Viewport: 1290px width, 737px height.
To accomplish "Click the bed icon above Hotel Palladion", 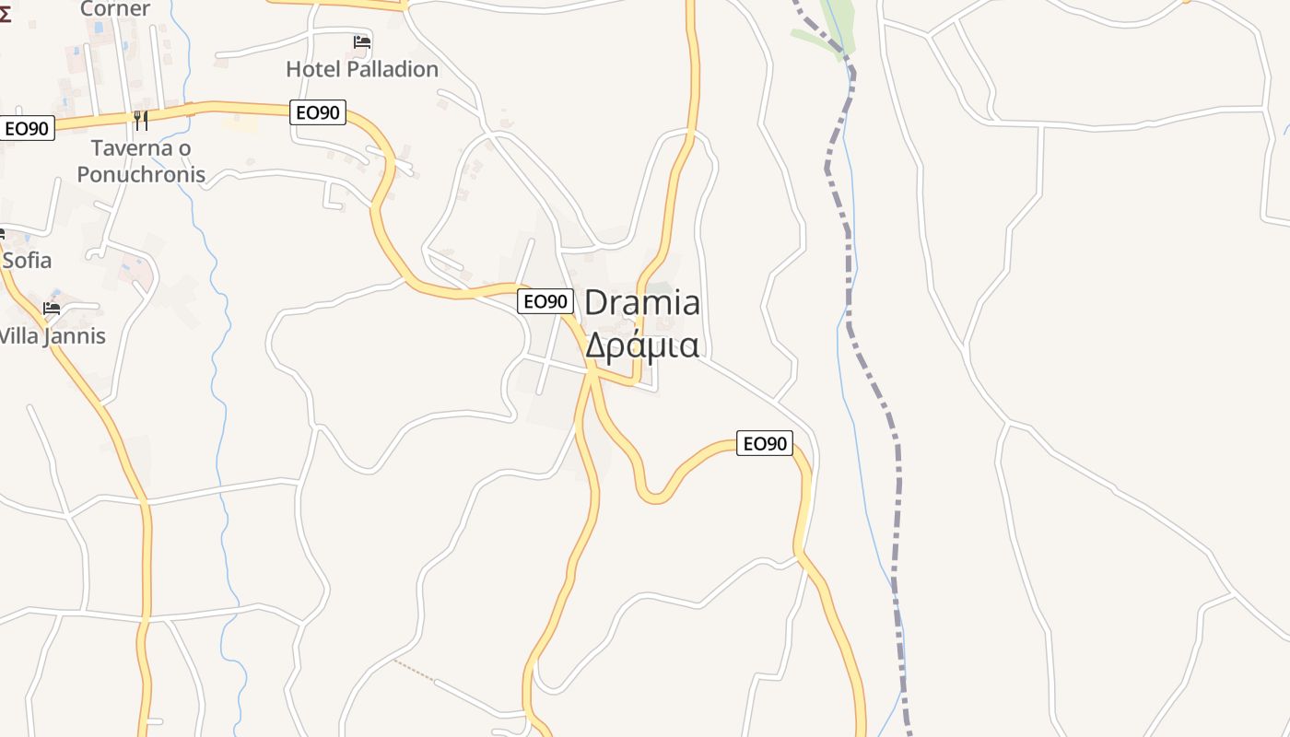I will pyautogui.click(x=362, y=41).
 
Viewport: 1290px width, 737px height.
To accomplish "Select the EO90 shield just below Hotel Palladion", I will pyautogui.click(x=318, y=112).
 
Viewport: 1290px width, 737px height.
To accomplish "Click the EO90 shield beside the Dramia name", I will pyautogui.click(x=545, y=301).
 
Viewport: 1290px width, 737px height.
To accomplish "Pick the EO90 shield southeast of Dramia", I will pyautogui.click(x=765, y=443).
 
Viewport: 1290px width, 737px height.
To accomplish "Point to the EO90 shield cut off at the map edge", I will pyautogui.click(x=26, y=128).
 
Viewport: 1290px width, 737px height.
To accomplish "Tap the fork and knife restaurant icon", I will pyautogui.click(x=140, y=120).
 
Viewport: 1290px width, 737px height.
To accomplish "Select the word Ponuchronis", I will pyautogui.click(x=141, y=174).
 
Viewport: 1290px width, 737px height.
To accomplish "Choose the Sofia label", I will pyautogui.click(x=27, y=261).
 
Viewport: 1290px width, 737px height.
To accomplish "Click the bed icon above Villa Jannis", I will pyautogui.click(x=52, y=308).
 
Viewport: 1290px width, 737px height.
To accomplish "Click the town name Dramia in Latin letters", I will pyautogui.click(x=642, y=303).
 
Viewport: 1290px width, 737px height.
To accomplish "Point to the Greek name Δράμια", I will pyautogui.click(x=642, y=345).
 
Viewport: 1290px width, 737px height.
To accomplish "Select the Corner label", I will pyautogui.click(x=115, y=9).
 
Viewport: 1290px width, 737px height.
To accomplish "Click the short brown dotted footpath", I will pyautogui.click(x=413, y=670).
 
